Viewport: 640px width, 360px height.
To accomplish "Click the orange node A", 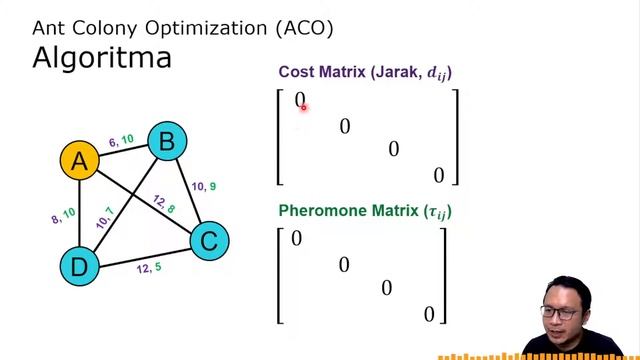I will click(x=78, y=161).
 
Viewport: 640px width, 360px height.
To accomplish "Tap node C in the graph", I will click(x=209, y=240).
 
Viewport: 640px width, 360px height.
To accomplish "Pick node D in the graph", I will click(x=79, y=265).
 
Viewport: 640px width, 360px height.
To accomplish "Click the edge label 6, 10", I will click(x=121, y=141).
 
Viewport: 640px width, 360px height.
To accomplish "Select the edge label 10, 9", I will click(x=204, y=186).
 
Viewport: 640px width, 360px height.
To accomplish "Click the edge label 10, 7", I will click(x=105, y=218).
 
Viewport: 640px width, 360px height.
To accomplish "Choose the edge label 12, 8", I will click(x=165, y=204).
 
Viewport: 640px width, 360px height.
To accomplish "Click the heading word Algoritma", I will click(x=102, y=56).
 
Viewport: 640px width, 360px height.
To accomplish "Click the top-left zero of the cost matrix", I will click(x=299, y=100).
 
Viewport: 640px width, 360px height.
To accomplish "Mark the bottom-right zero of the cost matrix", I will click(x=438, y=176).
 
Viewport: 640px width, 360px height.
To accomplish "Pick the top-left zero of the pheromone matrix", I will click(x=296, y=239).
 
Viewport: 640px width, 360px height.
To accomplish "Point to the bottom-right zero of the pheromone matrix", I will click(x=429, y=314).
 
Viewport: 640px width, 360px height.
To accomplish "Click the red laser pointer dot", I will click(x=303, y=106).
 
